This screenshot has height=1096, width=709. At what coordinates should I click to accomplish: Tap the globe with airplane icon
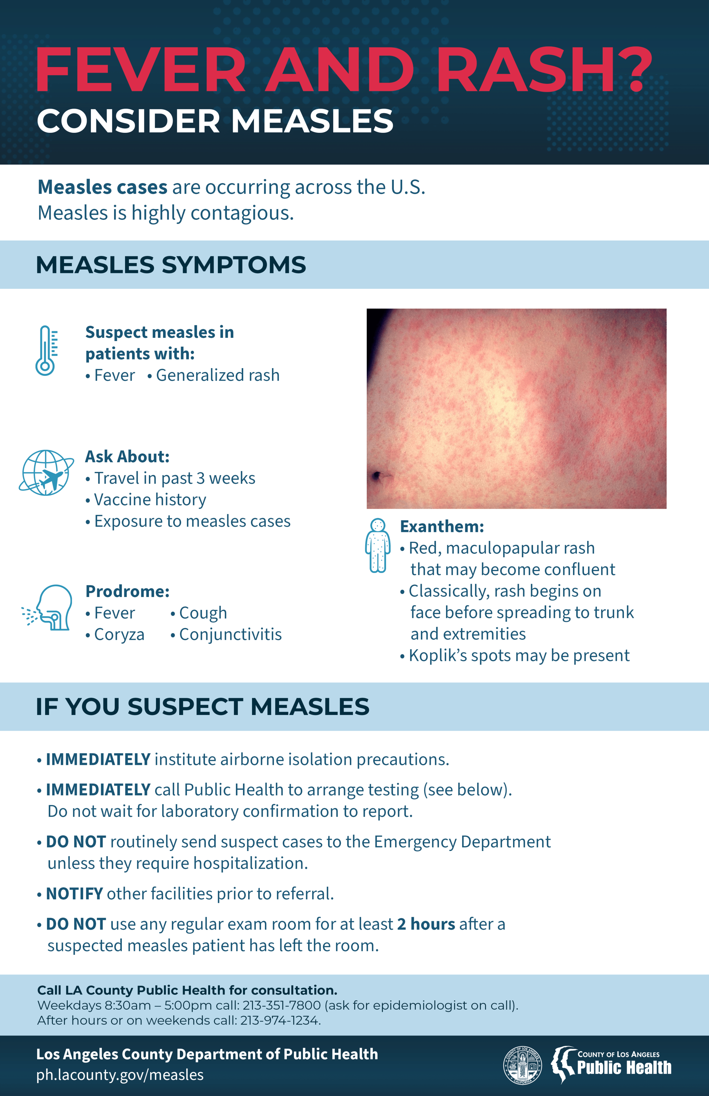pyautogui.click(x=46, y=473)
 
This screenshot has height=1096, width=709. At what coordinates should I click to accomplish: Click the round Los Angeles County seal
pyautogui.click(x=522, y=1065)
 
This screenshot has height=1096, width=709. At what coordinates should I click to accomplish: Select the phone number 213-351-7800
pyautogui.click(x=281, y=1005)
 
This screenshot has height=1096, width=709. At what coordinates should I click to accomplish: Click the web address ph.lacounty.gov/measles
pyautogui.click(x=120, y=1075)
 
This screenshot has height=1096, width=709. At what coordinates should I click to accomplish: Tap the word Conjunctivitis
pyautogui.click(x=230, y=635)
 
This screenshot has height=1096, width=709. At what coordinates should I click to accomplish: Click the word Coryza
pyautogui.click(x=119, y=635)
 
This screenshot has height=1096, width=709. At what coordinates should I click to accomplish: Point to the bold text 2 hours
pyautogui.click(x=426, y=924)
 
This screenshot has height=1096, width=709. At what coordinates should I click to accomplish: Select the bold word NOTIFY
pyautogui.click(x=74, y=894)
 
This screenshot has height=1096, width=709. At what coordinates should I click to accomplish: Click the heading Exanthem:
pyautogui.click(x=442, y=526)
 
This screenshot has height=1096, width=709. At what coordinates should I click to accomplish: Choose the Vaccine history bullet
pyautogui.click(x=150, y=500)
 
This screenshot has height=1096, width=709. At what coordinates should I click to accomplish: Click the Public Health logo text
pyautogui.click(x=624, y=1067)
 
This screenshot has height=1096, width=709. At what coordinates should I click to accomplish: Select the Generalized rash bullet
pyautogui.click(x=217, y=375)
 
